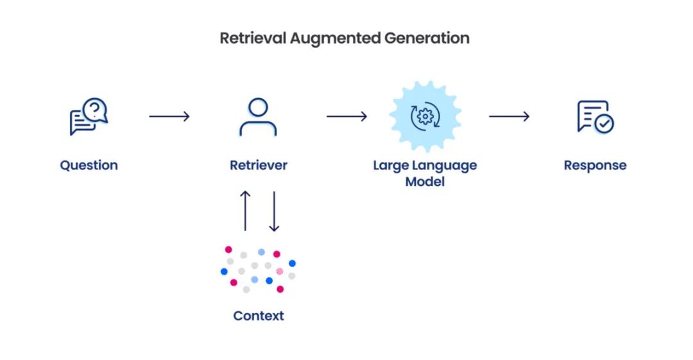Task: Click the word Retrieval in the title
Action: point(253,38)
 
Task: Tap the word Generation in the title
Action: point(427,38)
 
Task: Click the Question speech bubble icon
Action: point(89,116)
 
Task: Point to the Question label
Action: point(89,166)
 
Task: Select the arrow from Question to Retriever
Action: point(169,116)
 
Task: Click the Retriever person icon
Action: point(258,117)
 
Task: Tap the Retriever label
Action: point(259,165)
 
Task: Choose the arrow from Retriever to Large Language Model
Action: point(347,116)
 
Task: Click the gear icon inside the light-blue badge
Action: point(425,116)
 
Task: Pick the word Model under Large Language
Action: point(425,182)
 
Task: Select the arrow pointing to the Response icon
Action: point(509,116)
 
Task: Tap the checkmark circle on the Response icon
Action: point(604,124)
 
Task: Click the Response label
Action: point(595,166)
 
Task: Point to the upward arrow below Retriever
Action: point(245,211)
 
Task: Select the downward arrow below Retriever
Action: point(274,211)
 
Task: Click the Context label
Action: point(259,316)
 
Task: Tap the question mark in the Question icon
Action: point(95,109)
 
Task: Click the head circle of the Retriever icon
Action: point(258,107)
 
